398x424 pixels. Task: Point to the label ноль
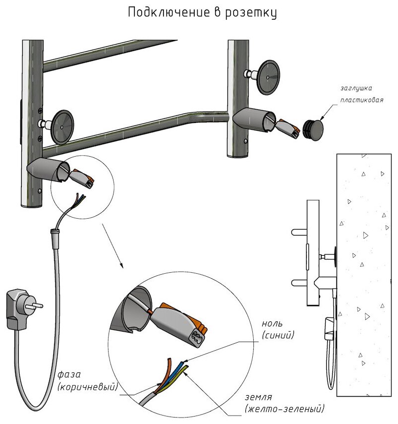point(272,324)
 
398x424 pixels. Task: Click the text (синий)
point(278,336)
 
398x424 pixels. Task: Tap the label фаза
point(68,374)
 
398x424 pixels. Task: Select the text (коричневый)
point(87,386)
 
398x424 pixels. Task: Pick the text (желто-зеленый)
point(284,409)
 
